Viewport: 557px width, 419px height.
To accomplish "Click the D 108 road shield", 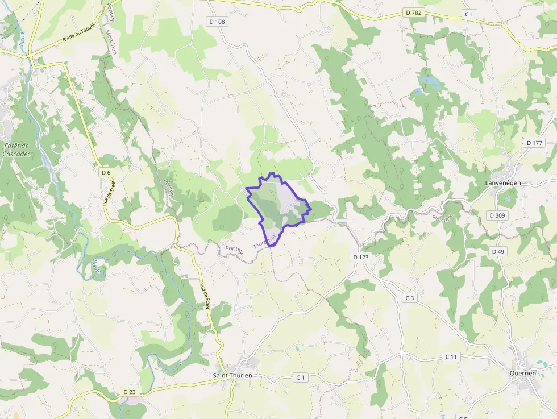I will [x=216, y=22].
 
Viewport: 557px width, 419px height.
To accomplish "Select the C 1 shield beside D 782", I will [x=469, y=14].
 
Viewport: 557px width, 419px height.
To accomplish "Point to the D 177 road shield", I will [x=535, y=143].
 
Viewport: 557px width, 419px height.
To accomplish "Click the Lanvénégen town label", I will [x=503, y=182].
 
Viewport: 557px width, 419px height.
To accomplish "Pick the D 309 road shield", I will [x=497, y=215].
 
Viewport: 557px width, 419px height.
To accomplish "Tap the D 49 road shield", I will [x=498, y=251].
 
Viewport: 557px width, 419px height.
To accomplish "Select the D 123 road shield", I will [x=361, y=257].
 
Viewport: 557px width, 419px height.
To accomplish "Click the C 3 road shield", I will [x=410, y=298].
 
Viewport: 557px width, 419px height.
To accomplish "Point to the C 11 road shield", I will [x=451, y=356].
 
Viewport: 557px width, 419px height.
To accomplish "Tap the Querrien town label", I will [x=523, y=373].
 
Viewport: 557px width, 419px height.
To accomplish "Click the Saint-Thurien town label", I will [x=232, y=375].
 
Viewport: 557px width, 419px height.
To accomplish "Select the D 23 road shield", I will [x=130, y=392].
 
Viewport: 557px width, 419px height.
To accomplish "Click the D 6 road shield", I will [x=106, y=172].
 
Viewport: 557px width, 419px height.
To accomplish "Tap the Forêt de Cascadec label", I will [x=16, y=150].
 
